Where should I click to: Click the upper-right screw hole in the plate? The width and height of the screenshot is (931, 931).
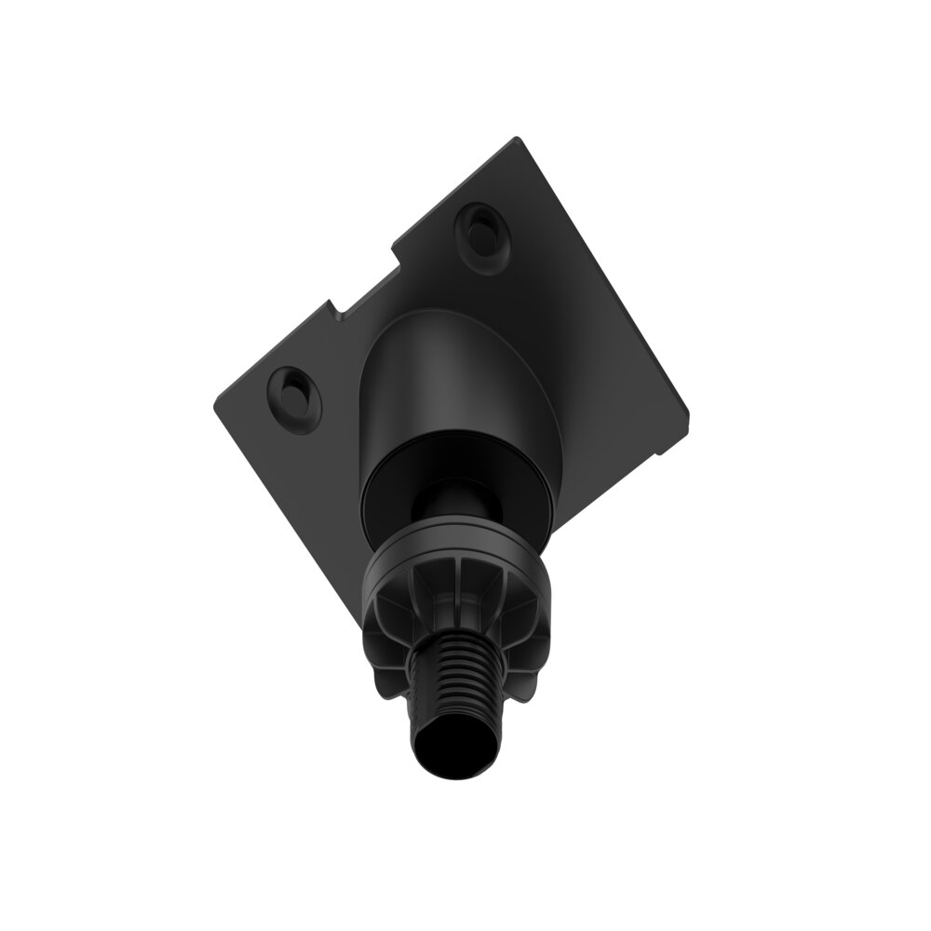(x=482, y=228)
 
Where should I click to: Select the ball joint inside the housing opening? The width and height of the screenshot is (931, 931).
(x=456, y=503)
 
